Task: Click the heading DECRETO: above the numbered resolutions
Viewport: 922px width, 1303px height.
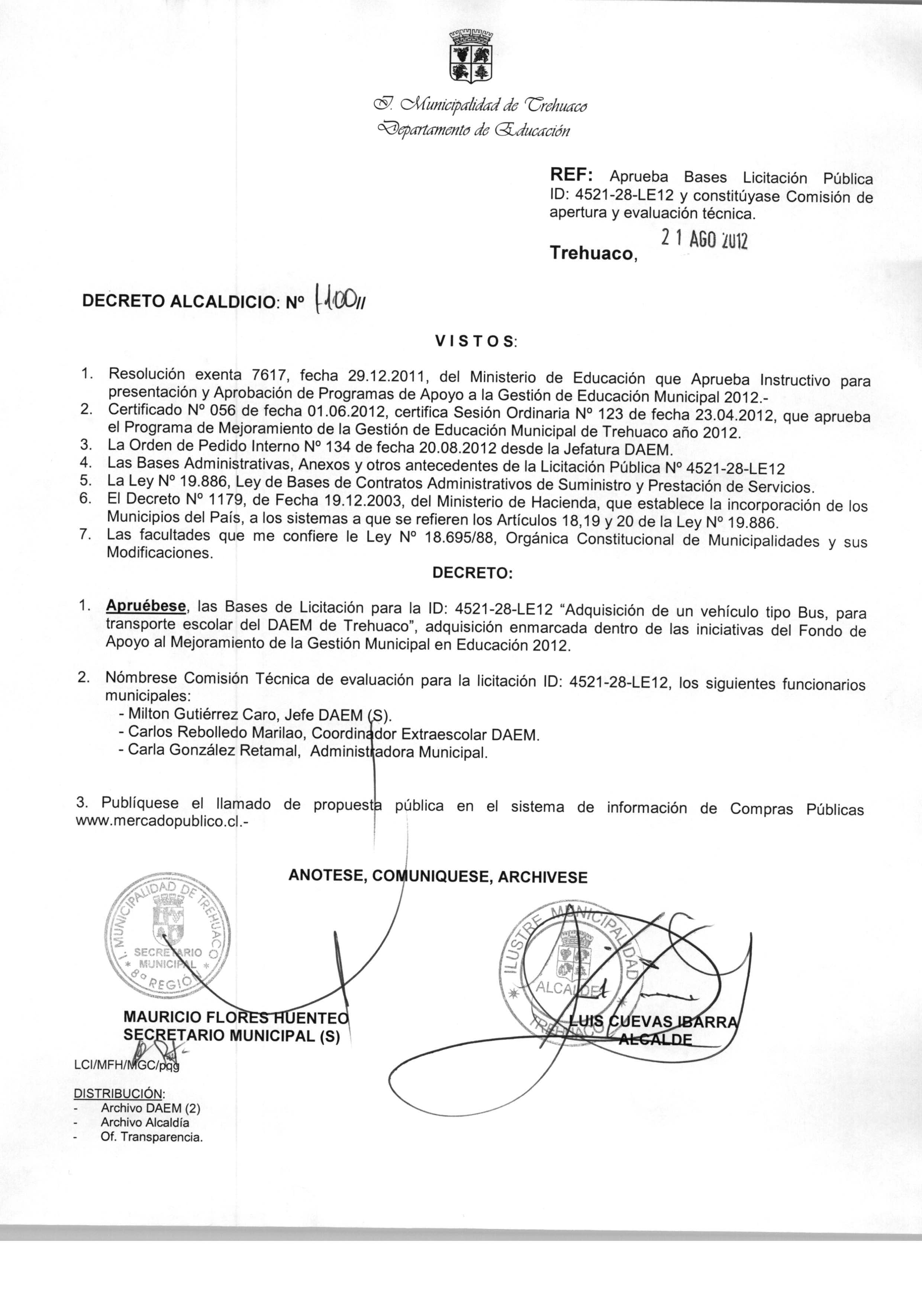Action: tap(473, 573)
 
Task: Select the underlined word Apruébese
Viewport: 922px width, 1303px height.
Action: tap(146, 606)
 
